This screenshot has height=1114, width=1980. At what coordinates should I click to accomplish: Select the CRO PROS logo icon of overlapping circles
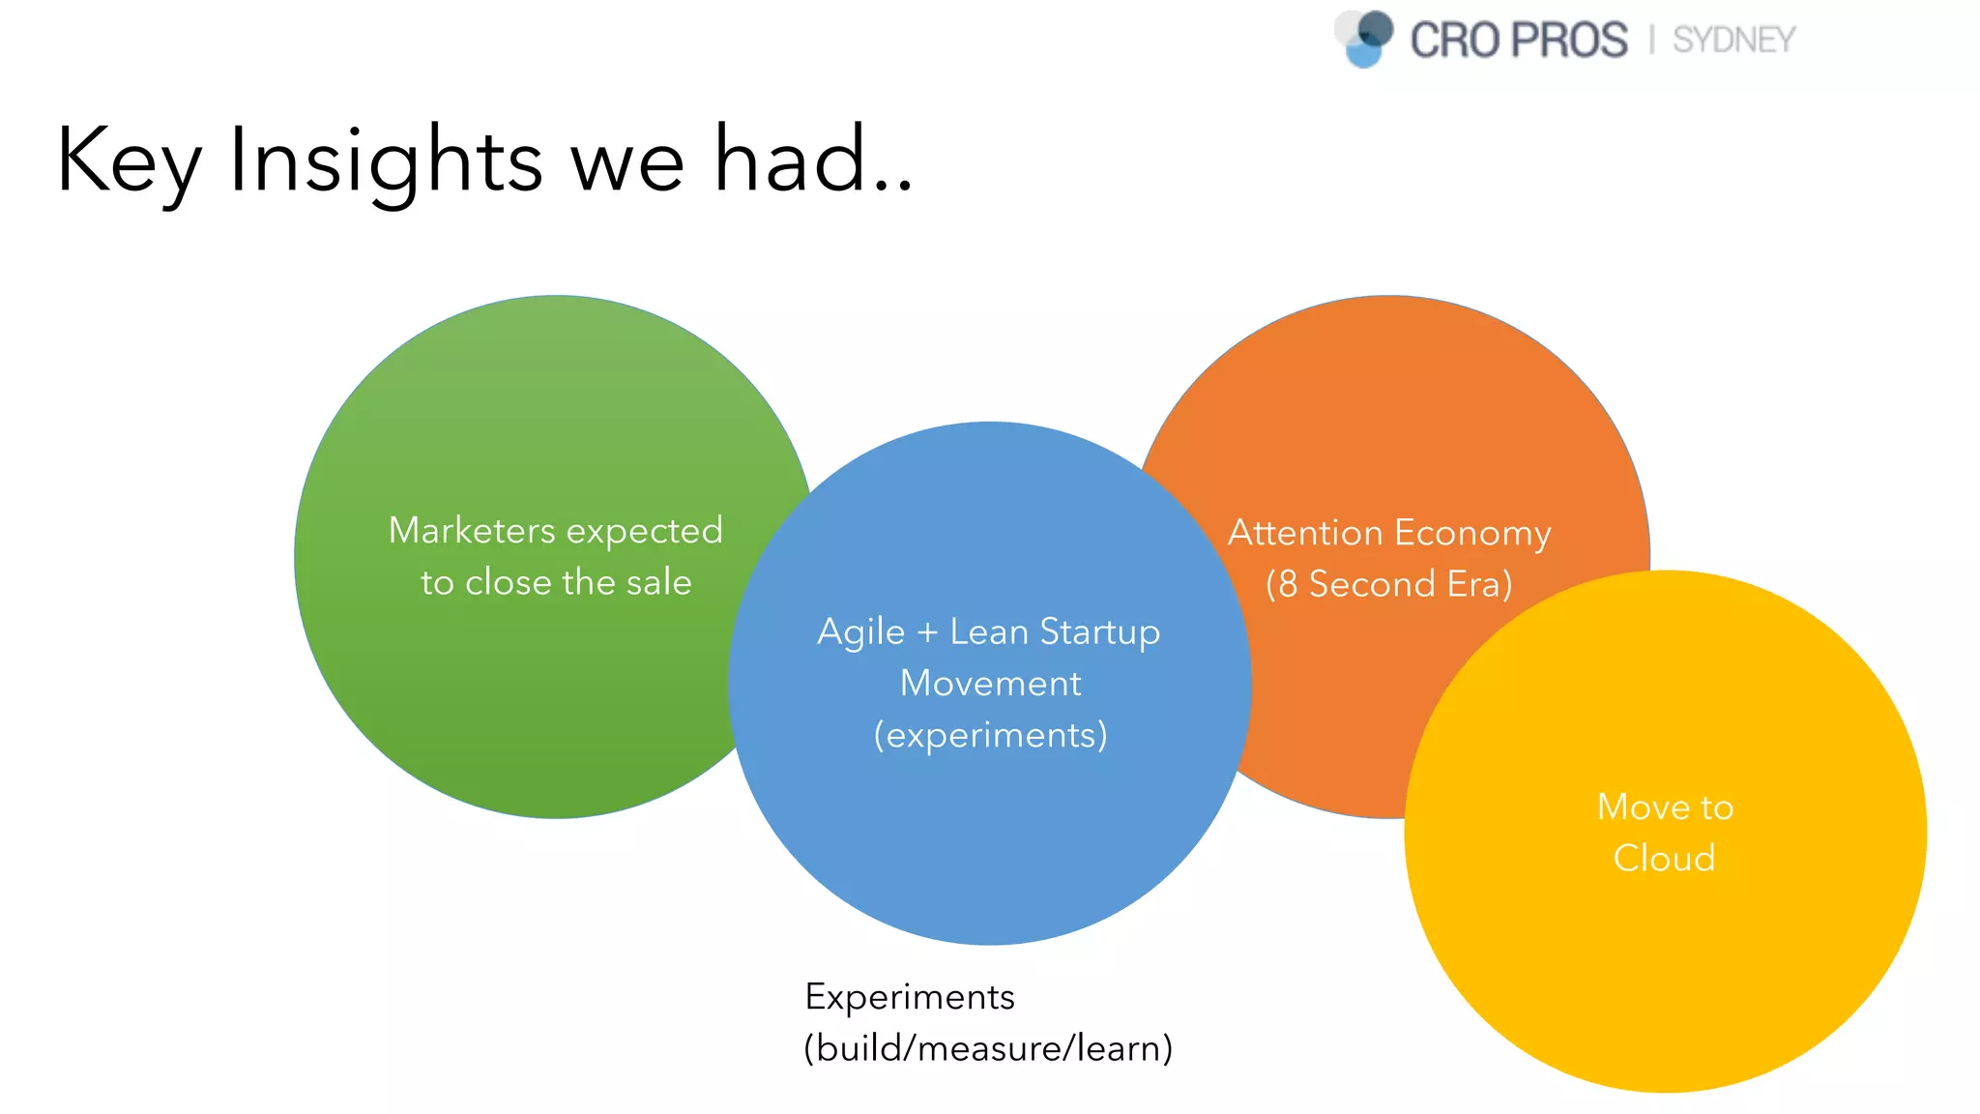(1364, 39)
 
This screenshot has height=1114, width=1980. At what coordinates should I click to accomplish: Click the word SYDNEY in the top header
(1733, 41)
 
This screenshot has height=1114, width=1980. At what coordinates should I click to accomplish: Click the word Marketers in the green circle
(472, 530)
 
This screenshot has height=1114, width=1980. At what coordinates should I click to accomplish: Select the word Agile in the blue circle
(860, 632)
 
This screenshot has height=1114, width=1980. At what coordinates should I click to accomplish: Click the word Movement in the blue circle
(990, 684)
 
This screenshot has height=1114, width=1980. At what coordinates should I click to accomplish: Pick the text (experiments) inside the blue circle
(990, 735)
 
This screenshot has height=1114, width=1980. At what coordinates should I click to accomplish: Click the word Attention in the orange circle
(1304, 533)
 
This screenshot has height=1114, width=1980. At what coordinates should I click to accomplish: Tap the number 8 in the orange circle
(1288, 584)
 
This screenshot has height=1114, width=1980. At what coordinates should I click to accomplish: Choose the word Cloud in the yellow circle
(1664, 858)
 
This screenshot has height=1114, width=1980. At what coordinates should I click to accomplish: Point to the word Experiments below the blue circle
(910, 997)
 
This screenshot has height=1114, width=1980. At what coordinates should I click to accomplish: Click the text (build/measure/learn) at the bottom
(988, 1048)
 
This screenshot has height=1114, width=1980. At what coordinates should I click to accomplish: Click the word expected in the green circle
(644, 531)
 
